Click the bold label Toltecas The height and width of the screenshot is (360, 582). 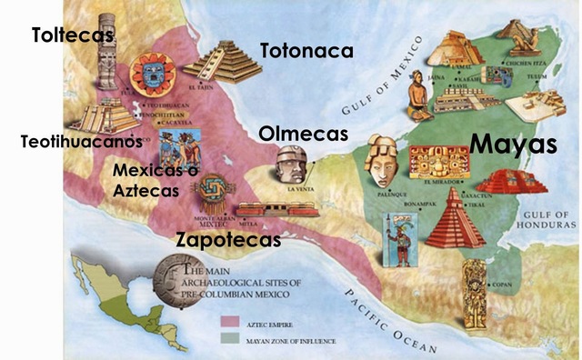tap(73, 35)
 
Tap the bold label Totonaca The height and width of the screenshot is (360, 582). tap(306, 51)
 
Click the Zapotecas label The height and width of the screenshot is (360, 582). tap(227, 240)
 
